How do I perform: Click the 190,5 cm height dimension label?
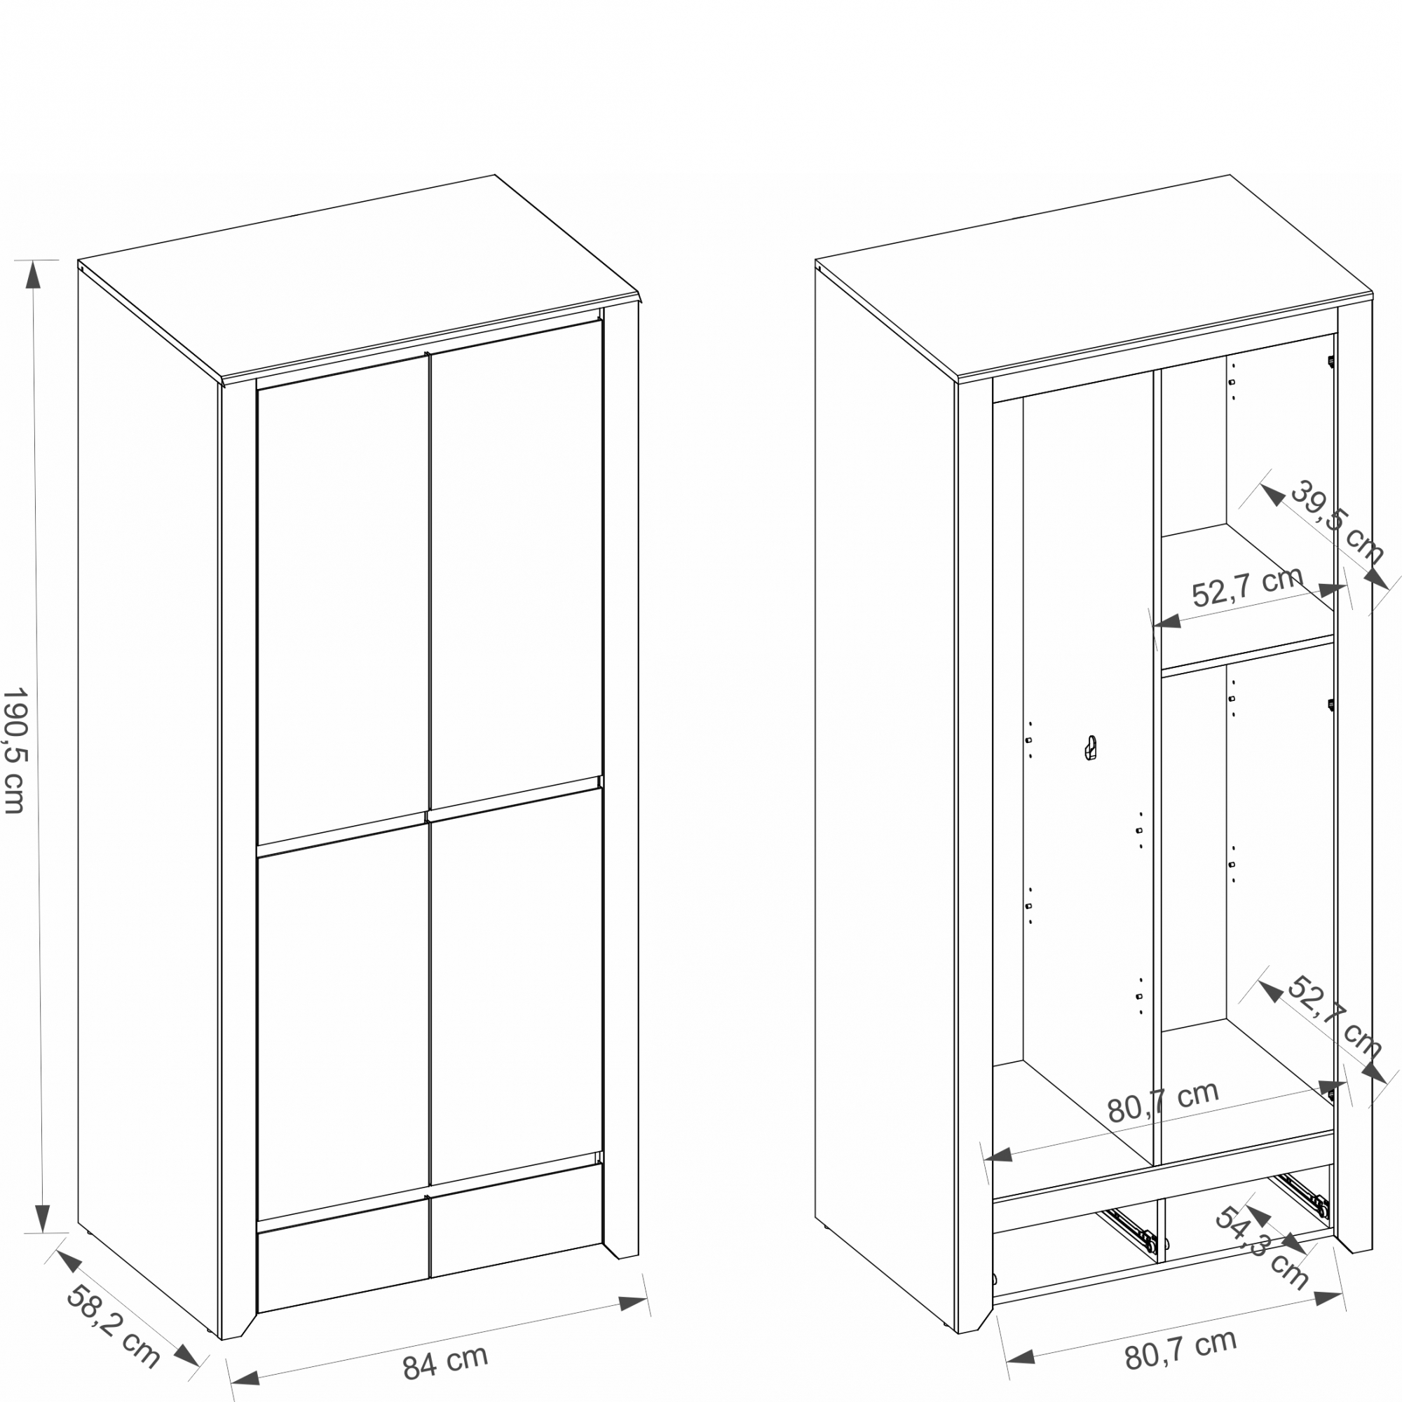point(15,751)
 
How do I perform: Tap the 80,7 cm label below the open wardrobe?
point(1180,1349)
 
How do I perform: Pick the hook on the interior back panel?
point(1090,748)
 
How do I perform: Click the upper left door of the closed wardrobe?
point(343,600)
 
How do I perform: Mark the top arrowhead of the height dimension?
point(34,274)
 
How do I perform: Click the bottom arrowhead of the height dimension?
point(43,1218)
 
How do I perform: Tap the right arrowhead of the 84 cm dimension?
point(632,1302)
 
